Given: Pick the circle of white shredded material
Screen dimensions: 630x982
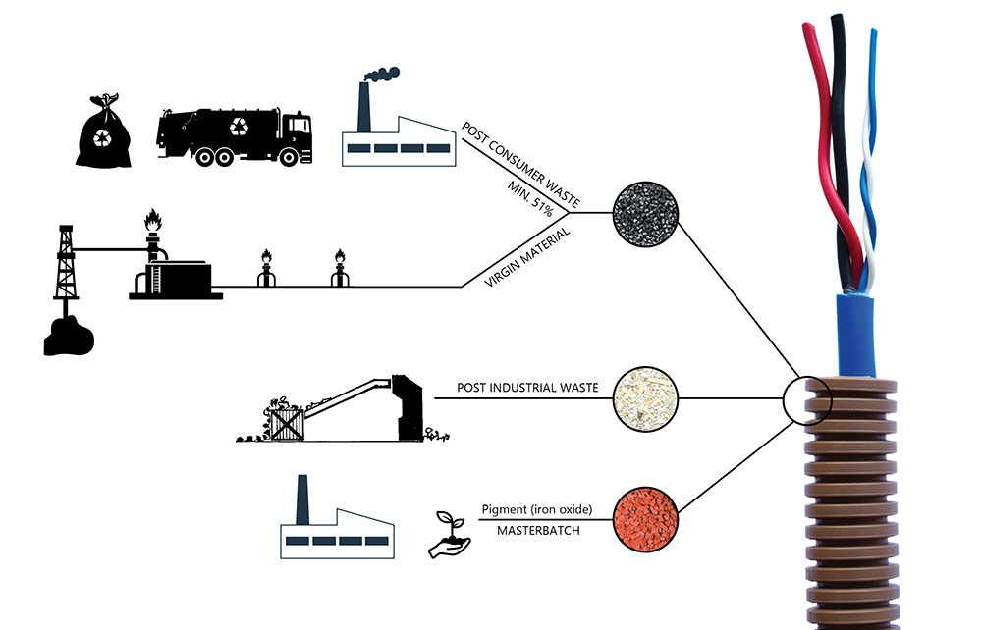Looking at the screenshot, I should [641, 399].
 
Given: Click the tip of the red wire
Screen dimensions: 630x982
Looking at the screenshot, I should [806, 30].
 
